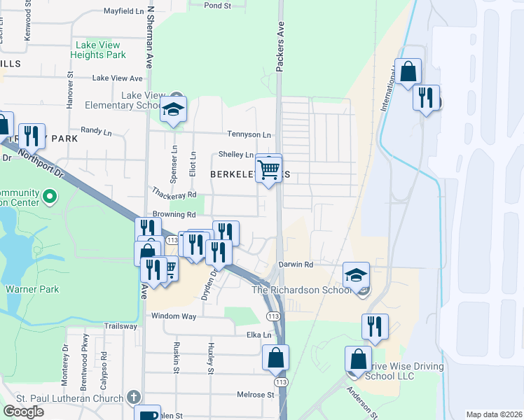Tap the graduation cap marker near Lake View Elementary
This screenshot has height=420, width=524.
[x=173, y=110]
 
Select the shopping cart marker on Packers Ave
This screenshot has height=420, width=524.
[x=269, y=169]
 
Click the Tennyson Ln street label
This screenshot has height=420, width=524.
[x=248, y=134]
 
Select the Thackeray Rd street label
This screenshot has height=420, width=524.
[x=172, y=195]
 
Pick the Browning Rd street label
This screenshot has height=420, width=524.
[x=172, y=214]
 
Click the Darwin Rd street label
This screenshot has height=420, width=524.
[x=295, y=265]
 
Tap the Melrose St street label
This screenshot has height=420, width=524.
[x=254, y=395]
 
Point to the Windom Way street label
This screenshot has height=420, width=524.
[x=174, y=316]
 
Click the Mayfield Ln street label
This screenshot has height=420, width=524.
[x=128, y=11]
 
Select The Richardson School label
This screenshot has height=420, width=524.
[x=305, y=290]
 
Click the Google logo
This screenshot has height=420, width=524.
[x=24, y=412]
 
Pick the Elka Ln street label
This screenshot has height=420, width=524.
[x=254, y=335]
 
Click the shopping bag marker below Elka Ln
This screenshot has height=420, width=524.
[x=275, y=357]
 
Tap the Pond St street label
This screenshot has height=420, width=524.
[x=218, y=6]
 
